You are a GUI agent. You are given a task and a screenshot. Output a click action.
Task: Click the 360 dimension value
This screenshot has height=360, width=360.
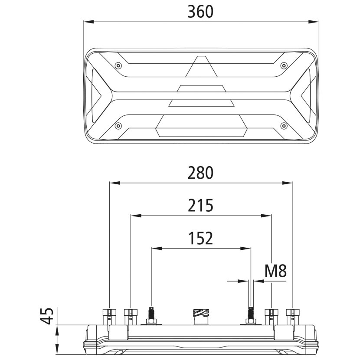(x=200, y=12)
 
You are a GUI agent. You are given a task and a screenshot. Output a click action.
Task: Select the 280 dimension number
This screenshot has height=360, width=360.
(x=200, y=173)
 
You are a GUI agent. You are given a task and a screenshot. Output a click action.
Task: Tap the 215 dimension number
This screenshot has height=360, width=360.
(x=200, y=205)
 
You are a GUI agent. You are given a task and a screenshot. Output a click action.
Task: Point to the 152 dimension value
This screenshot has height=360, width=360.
(x=200, y=238)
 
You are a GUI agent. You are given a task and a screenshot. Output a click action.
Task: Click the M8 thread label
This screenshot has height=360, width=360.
(x=276, y=272)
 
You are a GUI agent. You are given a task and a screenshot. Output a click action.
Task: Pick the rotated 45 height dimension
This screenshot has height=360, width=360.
(x=49, y=316)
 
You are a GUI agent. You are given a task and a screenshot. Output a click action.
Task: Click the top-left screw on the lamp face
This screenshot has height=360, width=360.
(x=118, y=66)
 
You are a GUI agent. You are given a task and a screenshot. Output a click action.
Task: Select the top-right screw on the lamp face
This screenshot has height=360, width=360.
(x=284, y=66)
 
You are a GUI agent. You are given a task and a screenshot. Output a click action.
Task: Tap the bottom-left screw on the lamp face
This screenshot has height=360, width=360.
(x=118, y=126)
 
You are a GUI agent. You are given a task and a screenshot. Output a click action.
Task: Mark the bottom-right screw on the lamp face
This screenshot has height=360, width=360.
(x=284, y=126)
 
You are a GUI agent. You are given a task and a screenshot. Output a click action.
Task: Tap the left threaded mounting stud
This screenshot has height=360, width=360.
(x=152, y=316)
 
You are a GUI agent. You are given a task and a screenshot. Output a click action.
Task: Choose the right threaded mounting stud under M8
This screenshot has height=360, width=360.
(x=250, y=316)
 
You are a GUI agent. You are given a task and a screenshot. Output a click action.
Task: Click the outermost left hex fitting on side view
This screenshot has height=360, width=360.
(x=108, y=316)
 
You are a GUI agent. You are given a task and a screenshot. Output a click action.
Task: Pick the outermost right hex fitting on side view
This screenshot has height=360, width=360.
(x=293, y=316)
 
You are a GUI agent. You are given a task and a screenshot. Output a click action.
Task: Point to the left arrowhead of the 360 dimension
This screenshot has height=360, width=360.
(x=87, y=21)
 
